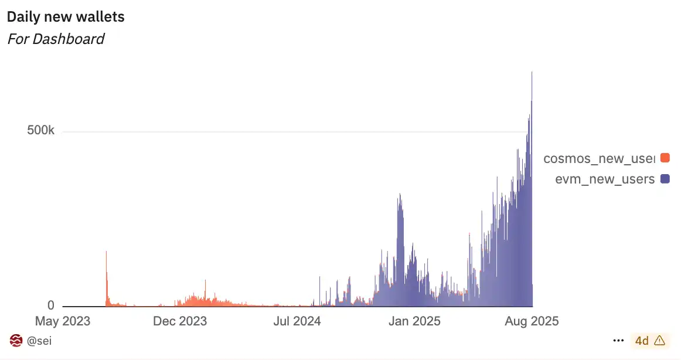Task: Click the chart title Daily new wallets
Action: click(x=66, y=17)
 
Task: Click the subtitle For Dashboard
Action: click(x=56, y=39)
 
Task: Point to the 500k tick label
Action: click(x=40, y=131)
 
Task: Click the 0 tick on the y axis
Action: click(x=50, y=305)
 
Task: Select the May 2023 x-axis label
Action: click(x=63, y=321)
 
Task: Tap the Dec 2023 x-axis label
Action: click(x=179, y=321)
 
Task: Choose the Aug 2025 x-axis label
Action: click(x=532, y=321)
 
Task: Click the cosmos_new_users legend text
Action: click(x=598, y=158)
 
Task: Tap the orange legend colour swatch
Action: click(x=665, y=158)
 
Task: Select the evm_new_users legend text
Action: click(x=605, y=179)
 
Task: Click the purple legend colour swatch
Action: click(x=665, y=179)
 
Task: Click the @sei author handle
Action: click(x=39, y=341)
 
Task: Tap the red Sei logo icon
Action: click(x=16, y=341)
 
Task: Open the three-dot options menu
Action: click(x=618, y=340)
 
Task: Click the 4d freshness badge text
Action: click(x=642, y=341)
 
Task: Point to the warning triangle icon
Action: click(x=659, y=340)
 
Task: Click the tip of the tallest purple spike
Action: click(x=532, y=73)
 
